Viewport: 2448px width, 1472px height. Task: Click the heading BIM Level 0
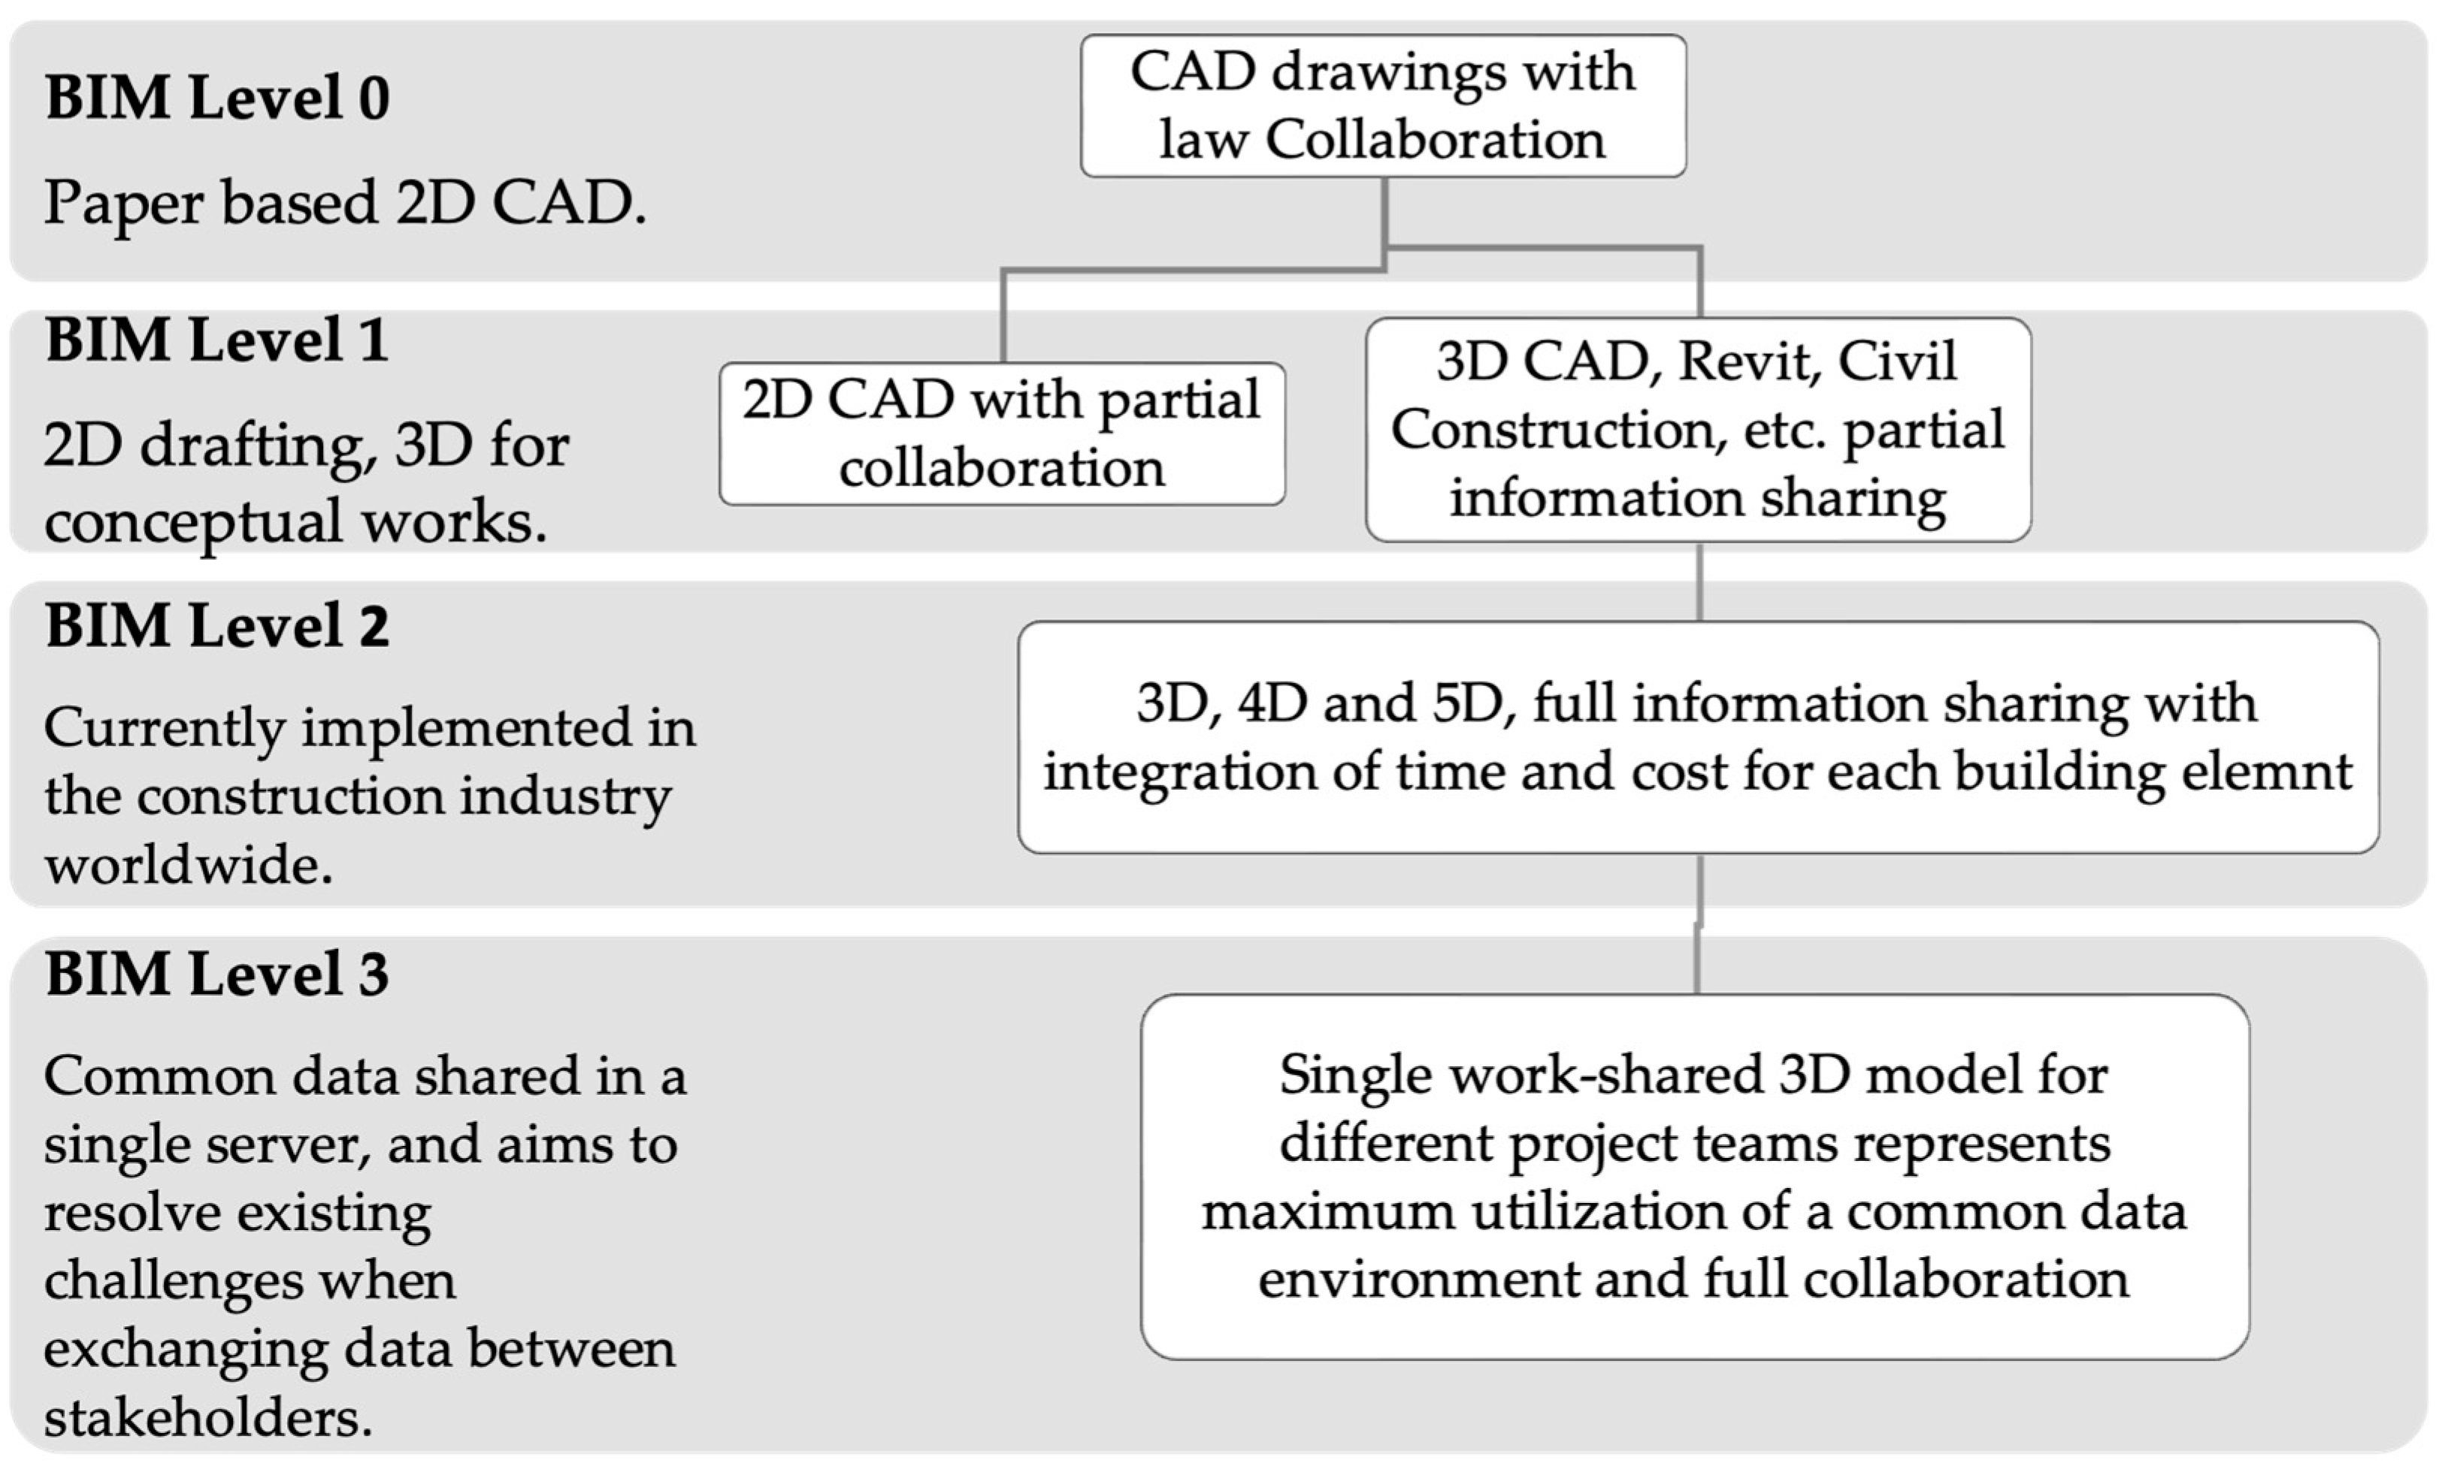(216, 98)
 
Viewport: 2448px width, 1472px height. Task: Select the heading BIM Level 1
(216, 340)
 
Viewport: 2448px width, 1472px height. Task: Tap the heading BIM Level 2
(216, 626)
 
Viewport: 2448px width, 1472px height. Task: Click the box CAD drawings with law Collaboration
(1383, 106)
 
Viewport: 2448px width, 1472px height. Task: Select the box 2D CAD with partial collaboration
(1002, 434)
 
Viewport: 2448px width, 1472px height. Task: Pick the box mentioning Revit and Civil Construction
(1697, 430)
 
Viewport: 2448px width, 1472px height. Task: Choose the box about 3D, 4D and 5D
(1697, 737)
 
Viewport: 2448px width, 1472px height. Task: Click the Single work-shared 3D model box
(1694, 1177)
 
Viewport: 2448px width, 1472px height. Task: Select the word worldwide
(189, 866)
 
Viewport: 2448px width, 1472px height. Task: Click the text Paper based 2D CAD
(344, 204)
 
